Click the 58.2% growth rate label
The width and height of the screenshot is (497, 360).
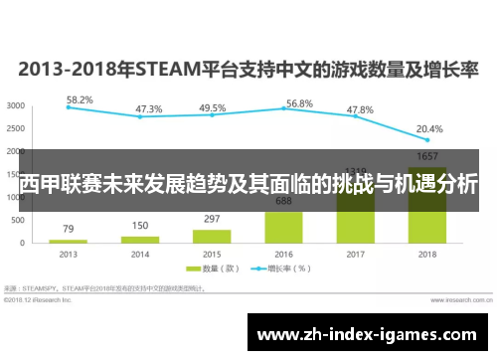(80, 99)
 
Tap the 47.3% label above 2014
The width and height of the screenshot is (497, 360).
(149, 109)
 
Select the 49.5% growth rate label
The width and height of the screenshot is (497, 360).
(212, 108)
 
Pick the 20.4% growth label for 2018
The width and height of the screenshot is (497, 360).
(429, 129)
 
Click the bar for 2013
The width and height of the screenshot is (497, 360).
(68, 241)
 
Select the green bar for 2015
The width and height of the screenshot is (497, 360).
(212, 236)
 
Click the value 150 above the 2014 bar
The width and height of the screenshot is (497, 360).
(140, 226)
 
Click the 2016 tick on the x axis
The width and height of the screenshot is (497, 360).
(284, 254)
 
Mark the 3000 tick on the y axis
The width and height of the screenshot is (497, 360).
(16, 105)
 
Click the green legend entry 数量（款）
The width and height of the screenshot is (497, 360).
(218, 269)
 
